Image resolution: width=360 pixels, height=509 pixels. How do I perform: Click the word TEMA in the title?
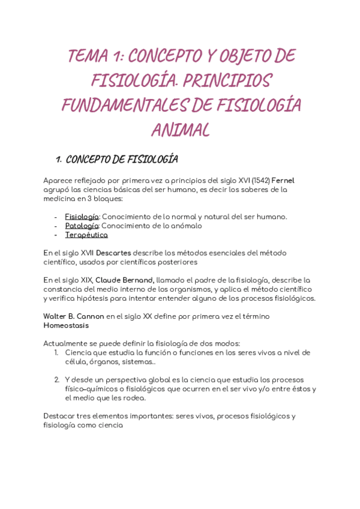click(x=87, y=56)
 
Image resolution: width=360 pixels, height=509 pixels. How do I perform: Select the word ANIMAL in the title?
click(x=180, y=129)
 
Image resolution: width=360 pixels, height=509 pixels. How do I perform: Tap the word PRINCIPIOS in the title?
click(x=217, y=80)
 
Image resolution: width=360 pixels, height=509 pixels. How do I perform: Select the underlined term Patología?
click(x=82, y=226)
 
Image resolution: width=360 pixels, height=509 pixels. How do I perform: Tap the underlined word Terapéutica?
click(x=86, y=235)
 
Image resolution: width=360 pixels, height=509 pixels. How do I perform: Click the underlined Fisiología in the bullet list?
click(x=82, y=217)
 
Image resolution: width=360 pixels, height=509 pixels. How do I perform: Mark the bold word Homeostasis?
click(x=66, y=325)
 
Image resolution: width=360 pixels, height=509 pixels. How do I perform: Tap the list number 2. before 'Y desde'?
click(x=57, y=379)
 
